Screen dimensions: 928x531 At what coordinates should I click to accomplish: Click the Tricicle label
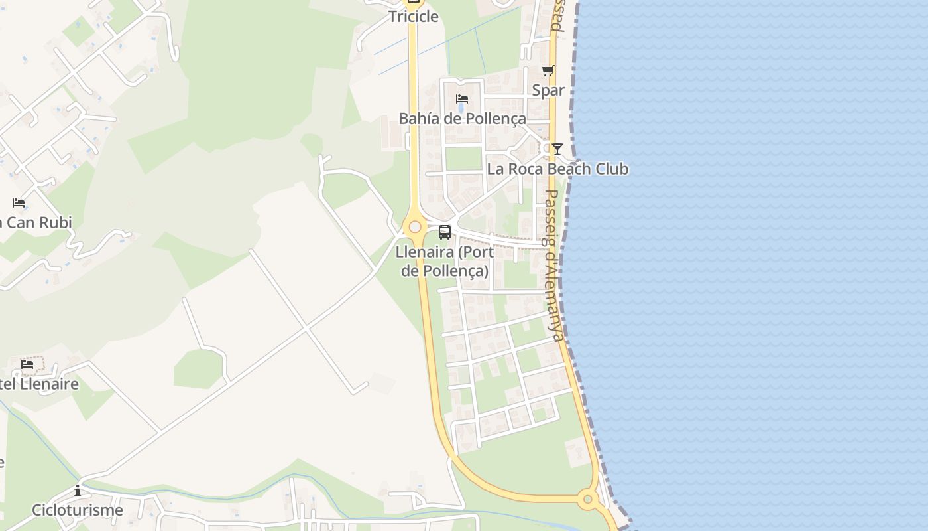point(413,17)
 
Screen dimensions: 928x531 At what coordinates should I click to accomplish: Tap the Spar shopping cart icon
point(548,71)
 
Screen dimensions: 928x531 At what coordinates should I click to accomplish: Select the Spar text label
point(548,90)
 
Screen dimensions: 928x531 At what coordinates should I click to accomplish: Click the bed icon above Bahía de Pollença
point(462,100)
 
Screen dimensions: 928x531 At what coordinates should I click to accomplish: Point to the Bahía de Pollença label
point(462,119)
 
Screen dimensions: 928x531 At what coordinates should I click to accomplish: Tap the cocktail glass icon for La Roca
point(557,149)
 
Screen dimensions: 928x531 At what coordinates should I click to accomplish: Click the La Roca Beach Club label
point(557,169)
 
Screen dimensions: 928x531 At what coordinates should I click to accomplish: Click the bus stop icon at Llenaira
point(445,232)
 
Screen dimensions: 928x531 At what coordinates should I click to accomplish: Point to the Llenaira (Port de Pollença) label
point(445,262)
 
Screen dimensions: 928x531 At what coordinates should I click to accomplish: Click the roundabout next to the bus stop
point(415,227)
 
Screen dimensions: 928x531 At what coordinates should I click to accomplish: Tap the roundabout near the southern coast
point(587,499)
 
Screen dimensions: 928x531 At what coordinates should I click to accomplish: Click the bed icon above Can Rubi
point(19,203)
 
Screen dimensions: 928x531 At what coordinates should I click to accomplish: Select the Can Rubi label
point(37,222)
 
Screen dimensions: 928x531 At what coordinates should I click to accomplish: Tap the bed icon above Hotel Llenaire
point(27,364)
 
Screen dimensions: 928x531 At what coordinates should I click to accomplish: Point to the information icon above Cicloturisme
point(78,491)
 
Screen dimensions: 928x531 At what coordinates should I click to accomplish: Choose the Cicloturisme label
point(78,510)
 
